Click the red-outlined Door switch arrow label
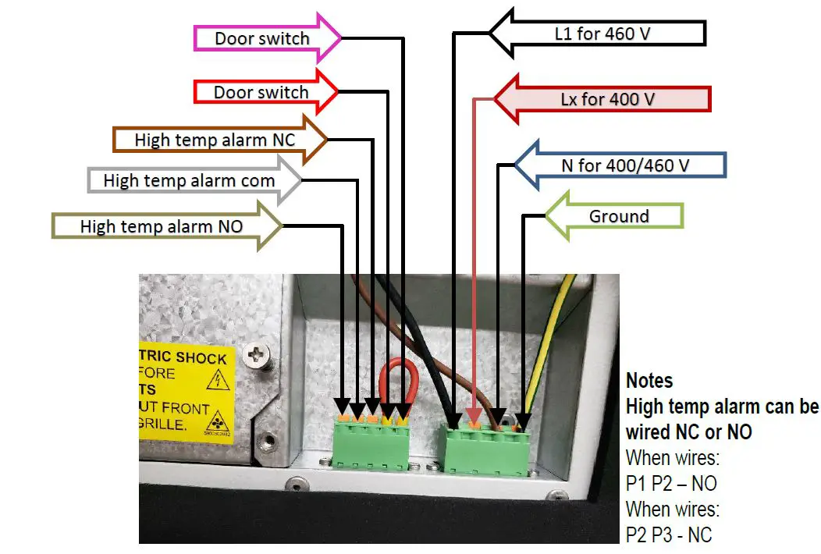coord(262,92)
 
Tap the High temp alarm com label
coord(190,181)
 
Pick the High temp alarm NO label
coord(162,227)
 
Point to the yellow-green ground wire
coord(549,336)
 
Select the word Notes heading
coord(649,381)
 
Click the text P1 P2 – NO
coord(670,483)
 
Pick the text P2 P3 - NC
coord(669,534)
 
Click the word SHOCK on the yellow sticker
coord(201,357)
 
